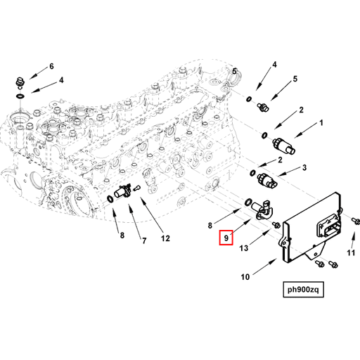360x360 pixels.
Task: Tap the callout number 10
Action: pyautogui.click(x=245, y=277)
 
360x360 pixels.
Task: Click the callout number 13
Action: pyautogui.click(x=243, y=247)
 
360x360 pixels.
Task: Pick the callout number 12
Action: pyautogui.click(x=165, y=238)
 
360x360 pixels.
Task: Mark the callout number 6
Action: pyautogui.click(x=51, y=67)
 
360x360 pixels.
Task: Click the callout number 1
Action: pyautogui.click(x=321, y=123)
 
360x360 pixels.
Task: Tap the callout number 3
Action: pyautogui.click(x=304, y=167)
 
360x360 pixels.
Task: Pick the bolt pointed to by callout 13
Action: pyautogui.click(x=276, y=224)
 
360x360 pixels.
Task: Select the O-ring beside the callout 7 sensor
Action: pyautogui.click(x=110, y=200)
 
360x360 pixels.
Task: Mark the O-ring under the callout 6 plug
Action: pyautogui.click(x=22, y=94)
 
